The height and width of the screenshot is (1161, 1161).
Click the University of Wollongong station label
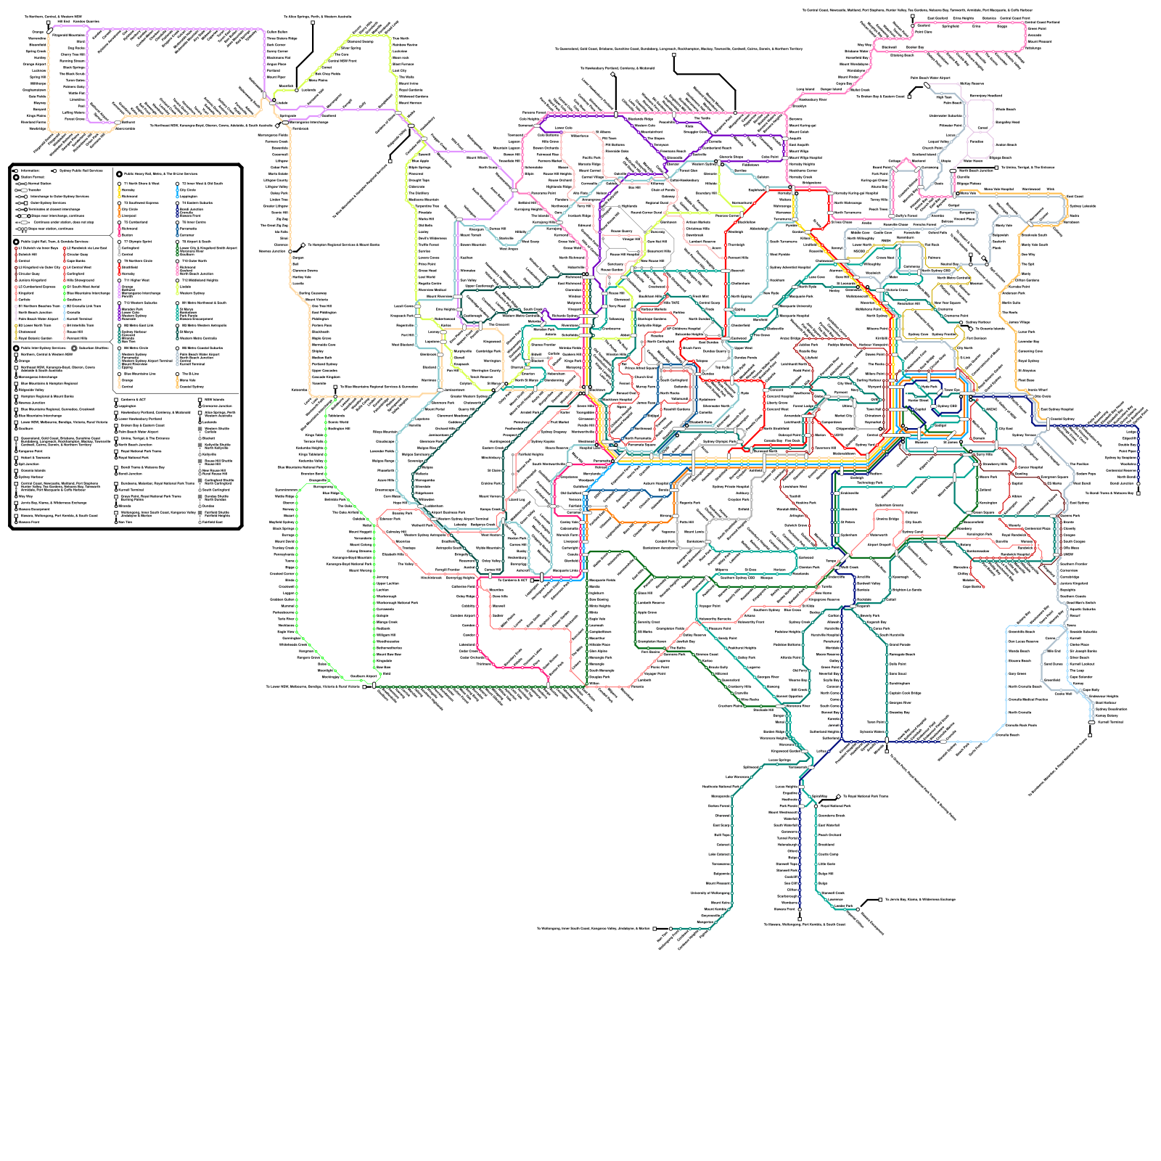point(710,893)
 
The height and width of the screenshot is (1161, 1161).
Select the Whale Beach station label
point(1005,110)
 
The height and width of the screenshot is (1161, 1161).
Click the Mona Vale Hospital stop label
point(999,189)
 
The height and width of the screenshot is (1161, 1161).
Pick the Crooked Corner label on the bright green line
point(282,574)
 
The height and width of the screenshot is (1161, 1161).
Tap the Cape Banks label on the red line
point(972,586)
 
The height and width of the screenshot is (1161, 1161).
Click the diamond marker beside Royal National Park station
point(839,796)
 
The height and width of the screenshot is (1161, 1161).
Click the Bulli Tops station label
point(722,834)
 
